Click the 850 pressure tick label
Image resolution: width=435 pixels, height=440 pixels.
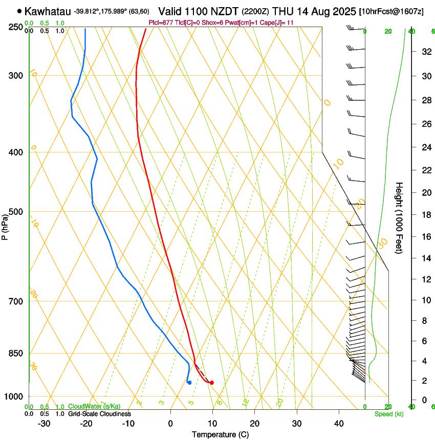tap(15, 354)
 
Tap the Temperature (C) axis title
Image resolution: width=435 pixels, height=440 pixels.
tap(220, 434)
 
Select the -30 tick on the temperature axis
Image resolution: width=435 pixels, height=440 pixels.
tap(44, 424)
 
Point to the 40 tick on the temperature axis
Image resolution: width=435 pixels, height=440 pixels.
tap(339, 424)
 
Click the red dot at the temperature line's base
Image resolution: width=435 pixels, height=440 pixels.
tap(212, 383)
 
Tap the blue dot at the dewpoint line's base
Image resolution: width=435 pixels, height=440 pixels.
tap(189, 382)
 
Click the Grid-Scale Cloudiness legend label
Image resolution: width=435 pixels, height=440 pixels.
tap(99, 413)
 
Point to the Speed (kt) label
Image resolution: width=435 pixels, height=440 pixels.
tap(388, 413)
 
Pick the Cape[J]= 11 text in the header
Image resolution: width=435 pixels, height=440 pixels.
tap(277, 23)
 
